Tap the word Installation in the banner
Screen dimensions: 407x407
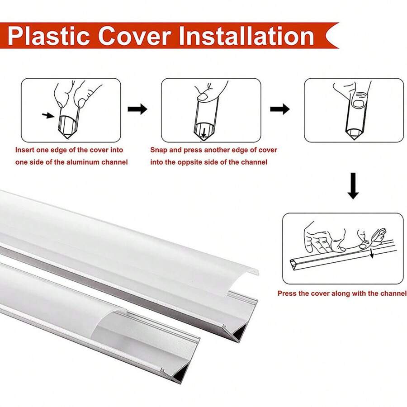click(x=246, y=36)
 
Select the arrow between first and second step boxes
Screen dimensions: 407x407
click(x=137, y=109)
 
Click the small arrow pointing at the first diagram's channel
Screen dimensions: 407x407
click(x=47, y=116)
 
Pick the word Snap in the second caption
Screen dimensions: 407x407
click(x=159, y=150)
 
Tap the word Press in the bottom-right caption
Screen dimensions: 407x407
click(x=287, y=293)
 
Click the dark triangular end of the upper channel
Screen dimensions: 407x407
click(x=241, y=333)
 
